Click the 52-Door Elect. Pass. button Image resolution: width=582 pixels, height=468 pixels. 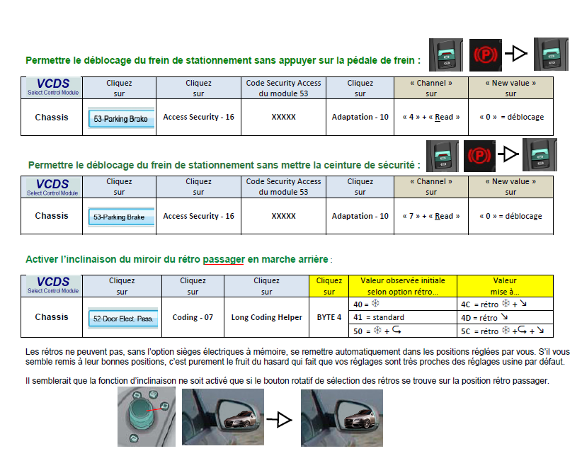coord(122,319)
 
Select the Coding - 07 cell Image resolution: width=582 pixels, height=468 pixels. coord(193,317)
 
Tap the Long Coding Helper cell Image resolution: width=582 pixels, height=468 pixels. coord(266,317)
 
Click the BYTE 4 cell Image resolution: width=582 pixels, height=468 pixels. coord(329,317)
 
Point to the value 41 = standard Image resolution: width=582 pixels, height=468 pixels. coord(402,318)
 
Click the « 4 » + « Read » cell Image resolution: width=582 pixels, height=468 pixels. coord(431,117)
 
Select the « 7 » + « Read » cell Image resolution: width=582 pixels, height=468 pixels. coord(431,216)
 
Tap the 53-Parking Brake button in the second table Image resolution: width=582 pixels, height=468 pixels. coord(120,217)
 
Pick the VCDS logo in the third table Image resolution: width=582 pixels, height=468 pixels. coord(53,285)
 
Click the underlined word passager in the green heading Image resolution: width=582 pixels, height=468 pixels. coord(223,260)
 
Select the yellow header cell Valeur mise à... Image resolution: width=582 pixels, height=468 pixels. coord(505,285)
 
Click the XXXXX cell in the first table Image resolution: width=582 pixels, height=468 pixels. coord(283,117)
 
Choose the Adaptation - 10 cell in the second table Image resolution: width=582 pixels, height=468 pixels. coord(360,216)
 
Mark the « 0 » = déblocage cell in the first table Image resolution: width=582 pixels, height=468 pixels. coord(510,117)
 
